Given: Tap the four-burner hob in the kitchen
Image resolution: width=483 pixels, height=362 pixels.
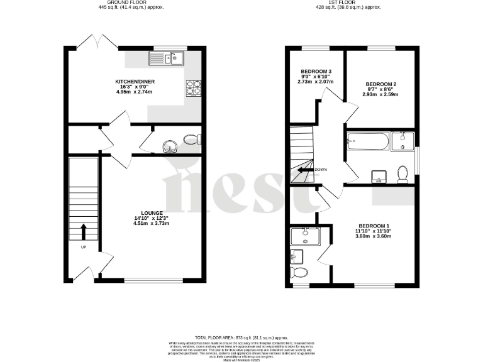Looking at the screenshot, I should (x=193, y=88).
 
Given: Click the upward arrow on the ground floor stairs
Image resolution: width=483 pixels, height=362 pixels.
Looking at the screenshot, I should (x=83, y=230).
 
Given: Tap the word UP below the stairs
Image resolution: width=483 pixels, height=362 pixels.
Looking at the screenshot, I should (x=83, y=248).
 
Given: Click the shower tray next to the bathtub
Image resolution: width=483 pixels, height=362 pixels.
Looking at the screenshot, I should (x=402, y=141).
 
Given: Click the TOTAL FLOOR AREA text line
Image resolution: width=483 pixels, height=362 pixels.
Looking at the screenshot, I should (x=241, y=337).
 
